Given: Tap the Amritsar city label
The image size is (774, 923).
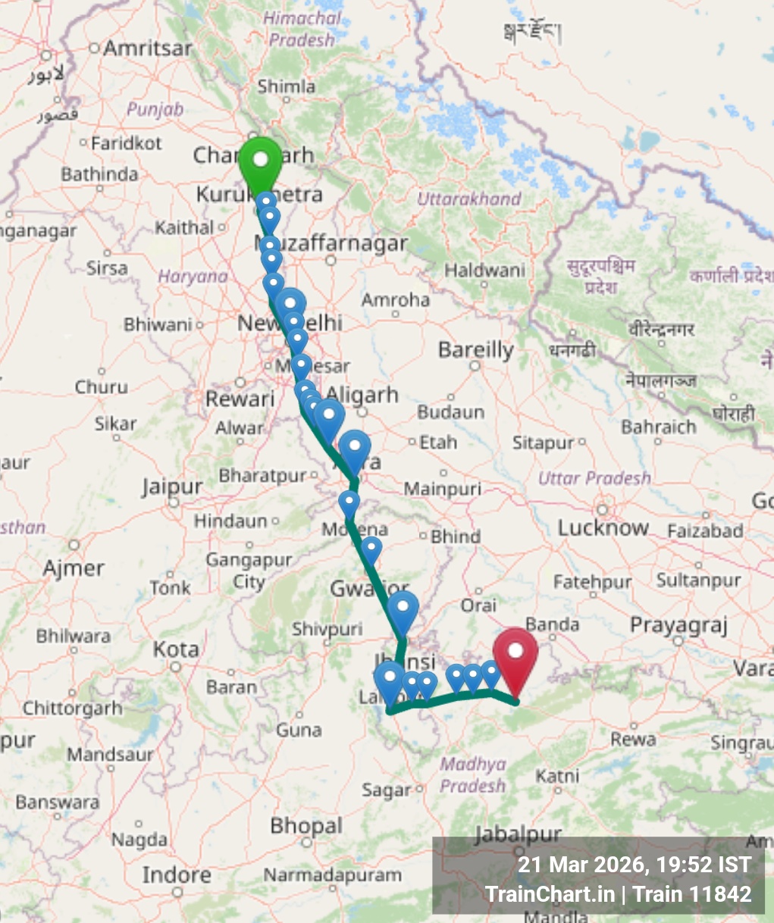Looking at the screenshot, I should (x=147, y=48).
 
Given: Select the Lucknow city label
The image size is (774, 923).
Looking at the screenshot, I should (x=603, y=527).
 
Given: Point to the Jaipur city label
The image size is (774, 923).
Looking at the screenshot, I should (x=172, y=487).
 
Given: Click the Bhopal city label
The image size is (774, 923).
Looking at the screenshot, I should (x=306, y=825).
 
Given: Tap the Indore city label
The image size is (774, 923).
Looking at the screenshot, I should (x=176, y=875).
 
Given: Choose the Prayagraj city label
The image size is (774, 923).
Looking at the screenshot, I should (x=678, y=626).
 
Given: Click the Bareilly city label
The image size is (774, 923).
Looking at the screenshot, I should (x=476, y=350).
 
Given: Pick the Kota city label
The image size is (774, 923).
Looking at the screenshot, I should (x=176, y=649).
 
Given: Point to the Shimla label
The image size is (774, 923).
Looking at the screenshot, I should (x=286, y=86).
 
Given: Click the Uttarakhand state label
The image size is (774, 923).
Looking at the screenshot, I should (x=469, y=199).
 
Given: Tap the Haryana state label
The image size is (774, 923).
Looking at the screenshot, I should (x=193, y=277).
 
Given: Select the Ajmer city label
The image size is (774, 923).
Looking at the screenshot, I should (x=74, y=568).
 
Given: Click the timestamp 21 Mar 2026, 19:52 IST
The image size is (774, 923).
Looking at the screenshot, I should (x=635, y=865).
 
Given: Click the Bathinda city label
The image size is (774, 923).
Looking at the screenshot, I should (x=99, y=174).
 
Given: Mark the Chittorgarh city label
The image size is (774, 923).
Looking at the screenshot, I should (x=72, y=709).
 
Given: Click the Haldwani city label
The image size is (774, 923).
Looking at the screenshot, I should (x=484, y=270).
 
